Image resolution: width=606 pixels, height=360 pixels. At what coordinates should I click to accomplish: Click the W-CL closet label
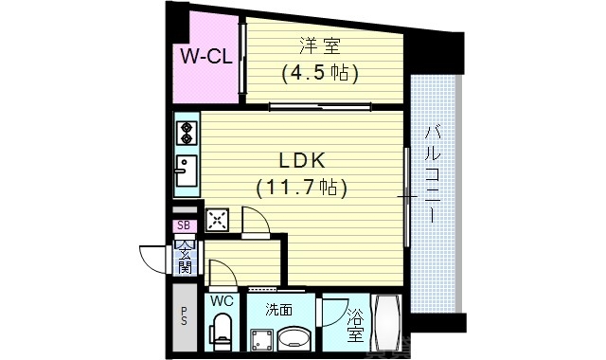(206, 57)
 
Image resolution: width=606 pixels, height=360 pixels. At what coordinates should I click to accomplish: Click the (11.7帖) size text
(301, 188)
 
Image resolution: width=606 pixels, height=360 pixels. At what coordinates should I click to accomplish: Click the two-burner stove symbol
(186, 130)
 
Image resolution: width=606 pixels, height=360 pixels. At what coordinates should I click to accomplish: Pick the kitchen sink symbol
(186, 170)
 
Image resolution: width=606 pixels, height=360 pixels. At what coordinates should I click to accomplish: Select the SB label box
(185, 225)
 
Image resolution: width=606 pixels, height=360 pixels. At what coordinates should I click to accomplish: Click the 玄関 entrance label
(185, 257)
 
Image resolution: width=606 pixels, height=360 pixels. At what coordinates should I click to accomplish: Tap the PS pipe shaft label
(184, 315)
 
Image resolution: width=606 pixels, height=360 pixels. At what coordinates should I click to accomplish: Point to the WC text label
(222, 301)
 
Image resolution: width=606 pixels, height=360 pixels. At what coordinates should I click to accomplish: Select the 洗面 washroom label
(277, 308)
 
